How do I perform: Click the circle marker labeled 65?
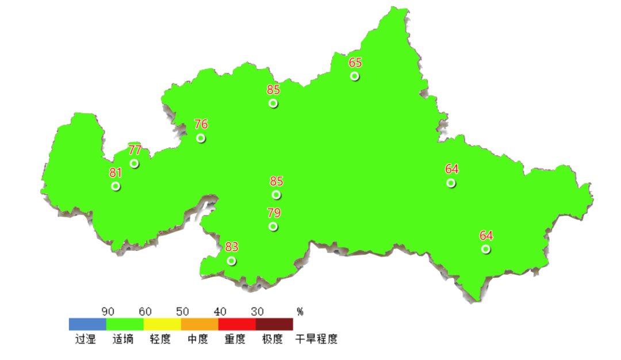click(355, 76)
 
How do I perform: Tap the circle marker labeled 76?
click(201, 138)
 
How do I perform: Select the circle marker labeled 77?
click(134, 164)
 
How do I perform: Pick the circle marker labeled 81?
click(116, 186)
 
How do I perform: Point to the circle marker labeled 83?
click(231, 261)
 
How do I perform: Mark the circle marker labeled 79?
click(273, 227)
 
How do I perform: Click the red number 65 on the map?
click(355, 63)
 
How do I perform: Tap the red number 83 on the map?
click(232, 247)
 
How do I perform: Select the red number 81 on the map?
click(116, 173)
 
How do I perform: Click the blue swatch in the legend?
click(87, 324)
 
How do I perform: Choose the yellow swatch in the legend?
click(162, 324)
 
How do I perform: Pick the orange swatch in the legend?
click(200, 324)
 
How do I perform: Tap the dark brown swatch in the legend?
click(274, 324)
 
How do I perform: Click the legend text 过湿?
click(86, 339)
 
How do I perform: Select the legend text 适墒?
click(123, 339)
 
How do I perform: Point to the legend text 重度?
click(235, 339)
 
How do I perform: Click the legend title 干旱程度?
click(316, 339)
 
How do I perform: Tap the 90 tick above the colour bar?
click(108, 312)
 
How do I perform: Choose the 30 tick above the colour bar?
click(257, 312)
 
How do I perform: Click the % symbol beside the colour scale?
click(300, 312)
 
